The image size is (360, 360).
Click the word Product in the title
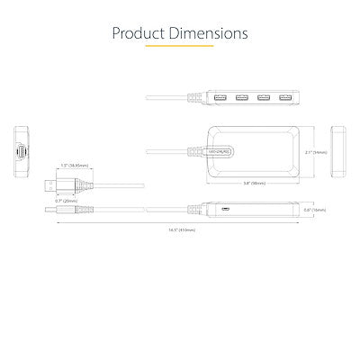click(140, 33)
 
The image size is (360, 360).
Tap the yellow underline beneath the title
click(180, 49)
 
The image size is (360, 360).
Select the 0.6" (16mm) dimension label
click(316, 211)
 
